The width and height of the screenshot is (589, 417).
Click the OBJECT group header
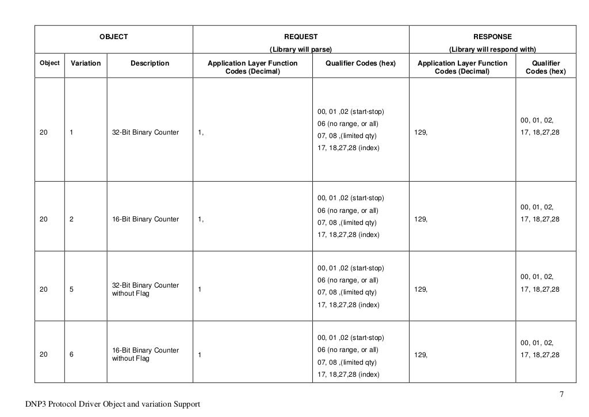(114, 36)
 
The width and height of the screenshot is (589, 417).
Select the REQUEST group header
(301, 36)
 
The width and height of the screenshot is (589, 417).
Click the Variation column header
(85, 63)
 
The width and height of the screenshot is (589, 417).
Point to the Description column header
(150, 63)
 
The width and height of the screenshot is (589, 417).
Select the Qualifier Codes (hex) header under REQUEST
(361, 63)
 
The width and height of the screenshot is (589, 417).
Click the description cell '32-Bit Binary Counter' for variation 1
(146, 133)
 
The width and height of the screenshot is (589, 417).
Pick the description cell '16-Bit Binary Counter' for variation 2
(146, 219)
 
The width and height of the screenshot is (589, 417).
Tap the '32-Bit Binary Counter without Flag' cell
(146, 289)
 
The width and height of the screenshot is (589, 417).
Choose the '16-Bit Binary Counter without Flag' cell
(146, 354)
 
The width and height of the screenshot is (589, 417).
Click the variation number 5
(71, 290)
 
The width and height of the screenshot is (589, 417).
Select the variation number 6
(71, 354)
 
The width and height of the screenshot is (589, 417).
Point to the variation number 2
(71, 219)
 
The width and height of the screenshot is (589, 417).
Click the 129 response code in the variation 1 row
(420, 133)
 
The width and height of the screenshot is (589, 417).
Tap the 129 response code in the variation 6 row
(420, 355)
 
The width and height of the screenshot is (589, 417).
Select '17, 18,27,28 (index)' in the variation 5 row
(348, 305)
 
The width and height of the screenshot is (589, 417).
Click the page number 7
(562, 395)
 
